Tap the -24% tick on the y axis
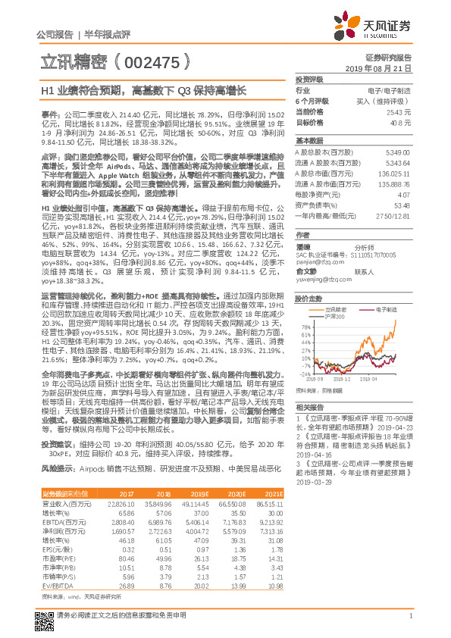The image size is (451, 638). coord(301,374)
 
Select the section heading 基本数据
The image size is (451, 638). coord(309,141)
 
